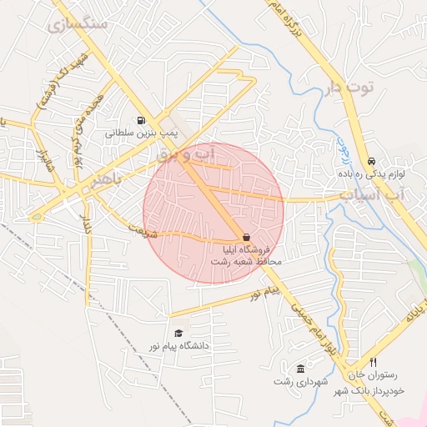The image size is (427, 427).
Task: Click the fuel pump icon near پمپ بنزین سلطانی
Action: (138, 119)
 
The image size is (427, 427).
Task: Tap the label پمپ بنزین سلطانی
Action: (138, 133)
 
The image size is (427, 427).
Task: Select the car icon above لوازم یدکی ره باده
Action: (371, 162)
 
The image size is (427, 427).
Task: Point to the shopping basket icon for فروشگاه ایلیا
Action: (245, 237)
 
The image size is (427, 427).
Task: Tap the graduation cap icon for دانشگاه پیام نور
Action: (178, 333)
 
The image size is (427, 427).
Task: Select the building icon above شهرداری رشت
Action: (300, 369)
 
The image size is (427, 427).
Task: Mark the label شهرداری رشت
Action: (301, 381)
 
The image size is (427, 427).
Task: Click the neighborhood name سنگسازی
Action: (80, 25)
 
